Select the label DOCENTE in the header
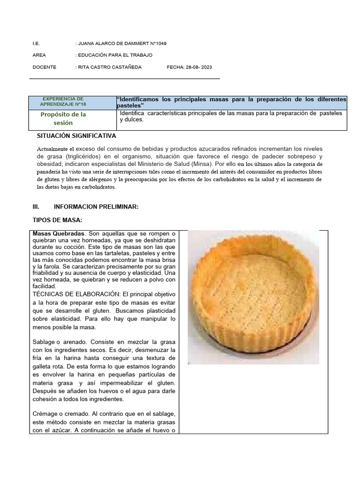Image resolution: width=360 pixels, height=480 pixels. coord(44,67)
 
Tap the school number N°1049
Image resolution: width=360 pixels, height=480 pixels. coord(154,44)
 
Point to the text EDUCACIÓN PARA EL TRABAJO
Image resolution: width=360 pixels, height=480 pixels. coord(115,55)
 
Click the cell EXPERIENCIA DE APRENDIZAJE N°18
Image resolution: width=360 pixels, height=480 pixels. coord(63,101)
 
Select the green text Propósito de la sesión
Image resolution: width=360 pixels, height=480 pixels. coord(63,119)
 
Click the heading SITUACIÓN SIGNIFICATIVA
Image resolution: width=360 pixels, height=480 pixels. coord(76,136)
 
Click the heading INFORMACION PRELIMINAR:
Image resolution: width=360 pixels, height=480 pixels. coord(96,207)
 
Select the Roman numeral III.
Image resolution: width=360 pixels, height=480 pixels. coord(36,207)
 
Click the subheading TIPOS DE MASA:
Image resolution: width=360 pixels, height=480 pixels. coord(58,220)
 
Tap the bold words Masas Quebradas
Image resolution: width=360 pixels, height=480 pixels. coord(59,233)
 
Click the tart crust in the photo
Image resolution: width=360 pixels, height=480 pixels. coord(253,295)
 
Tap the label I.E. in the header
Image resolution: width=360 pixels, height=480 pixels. coord(36,44)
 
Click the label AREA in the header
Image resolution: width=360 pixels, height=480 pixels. coord(39,55)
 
